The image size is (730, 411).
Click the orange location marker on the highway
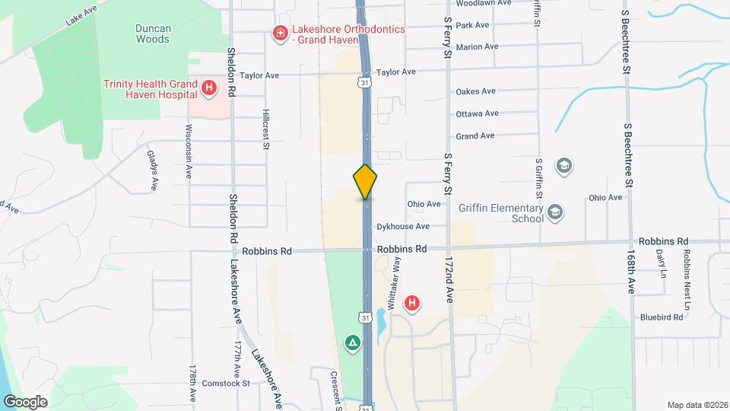pos(365,181)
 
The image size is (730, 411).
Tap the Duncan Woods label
pos(152,33)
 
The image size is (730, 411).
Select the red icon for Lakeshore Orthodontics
pos(280,32)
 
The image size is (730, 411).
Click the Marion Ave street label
pos(477,46)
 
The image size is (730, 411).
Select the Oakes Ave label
pos(475,91)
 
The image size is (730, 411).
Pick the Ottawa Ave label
pos(477,113)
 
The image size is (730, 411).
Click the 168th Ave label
pos(630,269)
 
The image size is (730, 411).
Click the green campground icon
pos(352,343)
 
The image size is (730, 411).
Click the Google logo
pos(25,401)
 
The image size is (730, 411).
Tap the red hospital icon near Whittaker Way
pos(412,304)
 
